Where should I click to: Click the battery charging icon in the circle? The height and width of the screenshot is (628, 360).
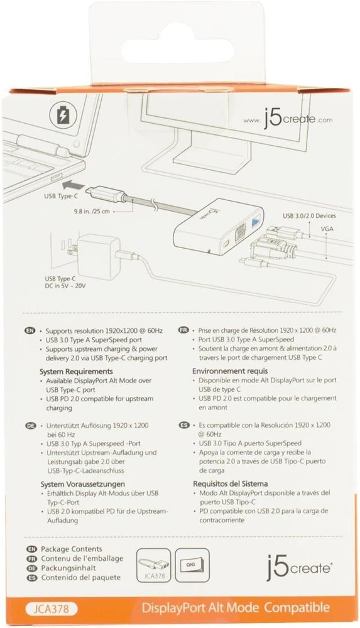(64, 116)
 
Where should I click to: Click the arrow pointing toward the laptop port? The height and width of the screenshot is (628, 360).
(74, 186)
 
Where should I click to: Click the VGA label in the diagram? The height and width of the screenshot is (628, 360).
(327, 229)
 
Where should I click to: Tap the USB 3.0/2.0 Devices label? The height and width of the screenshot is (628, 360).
(310, 216)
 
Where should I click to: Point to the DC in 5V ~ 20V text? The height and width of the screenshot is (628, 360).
(65, 286)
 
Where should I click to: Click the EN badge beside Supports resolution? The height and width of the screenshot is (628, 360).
(30, 331)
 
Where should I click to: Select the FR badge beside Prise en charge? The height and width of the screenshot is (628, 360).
(183, 330)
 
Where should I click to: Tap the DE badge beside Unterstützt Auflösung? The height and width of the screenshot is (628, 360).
(30, 426)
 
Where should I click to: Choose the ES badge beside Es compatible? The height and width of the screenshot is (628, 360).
(184, 425)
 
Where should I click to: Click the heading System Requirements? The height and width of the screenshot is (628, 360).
(76, 372)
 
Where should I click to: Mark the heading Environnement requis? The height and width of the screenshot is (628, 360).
(230, 371)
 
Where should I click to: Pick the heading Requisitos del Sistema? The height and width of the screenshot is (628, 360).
(231, 484)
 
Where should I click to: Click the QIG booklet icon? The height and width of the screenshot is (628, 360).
(192, 566)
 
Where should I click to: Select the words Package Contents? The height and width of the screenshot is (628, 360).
(72, 549)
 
